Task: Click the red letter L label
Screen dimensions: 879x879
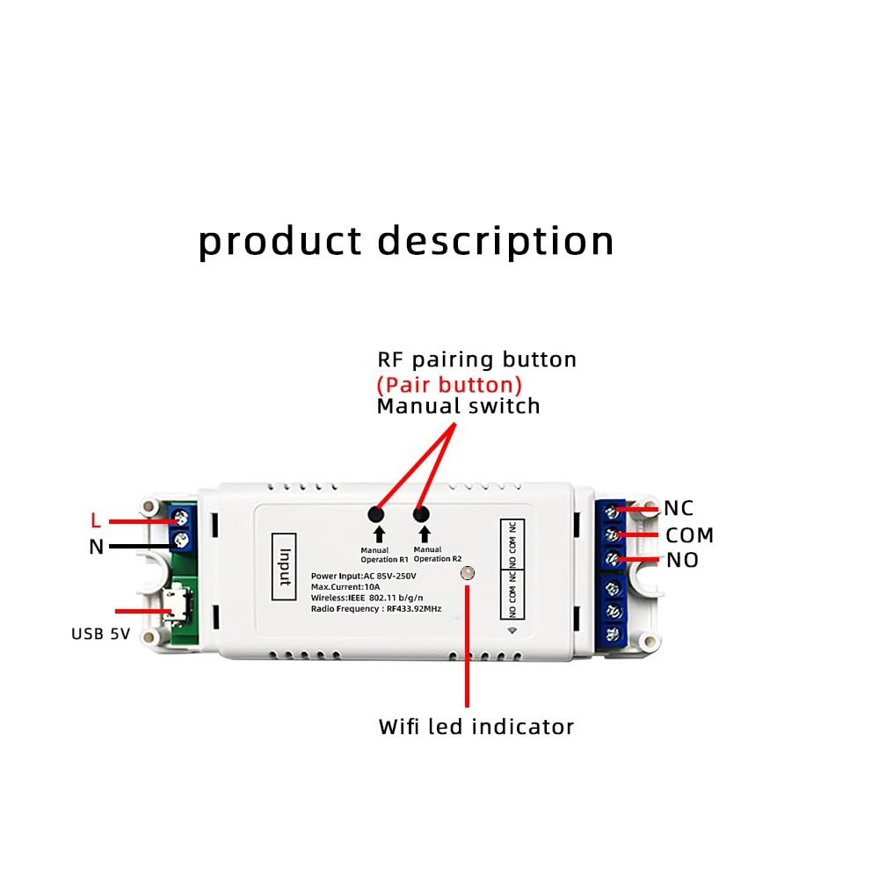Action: click(96, 520)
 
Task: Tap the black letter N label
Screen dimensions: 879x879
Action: click(97, 547)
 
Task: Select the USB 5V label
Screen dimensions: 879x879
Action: click(101, 634)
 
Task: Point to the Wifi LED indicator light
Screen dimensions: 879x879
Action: click(467, 573)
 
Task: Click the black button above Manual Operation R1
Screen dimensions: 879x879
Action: click(375, 514)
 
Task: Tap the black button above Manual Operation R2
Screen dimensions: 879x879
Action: click(421, 513)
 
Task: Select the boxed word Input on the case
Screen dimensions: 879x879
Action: click(284, 567)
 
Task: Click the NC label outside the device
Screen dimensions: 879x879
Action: click(679, 508)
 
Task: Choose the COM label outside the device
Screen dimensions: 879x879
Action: click(689, 535)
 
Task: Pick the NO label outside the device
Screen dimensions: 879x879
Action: click(682, 560)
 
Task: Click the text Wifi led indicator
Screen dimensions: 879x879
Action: click(476, 727)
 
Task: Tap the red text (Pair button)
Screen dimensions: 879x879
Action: click(449, 385)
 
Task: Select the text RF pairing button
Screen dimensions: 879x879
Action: click(476, 360)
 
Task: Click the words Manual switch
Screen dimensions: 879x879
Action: click(459, 406)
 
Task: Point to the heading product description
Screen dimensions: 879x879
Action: click(406, 241)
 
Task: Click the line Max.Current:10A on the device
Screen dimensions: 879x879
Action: click(345, 587)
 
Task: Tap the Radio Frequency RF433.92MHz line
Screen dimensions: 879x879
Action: click(376, 609)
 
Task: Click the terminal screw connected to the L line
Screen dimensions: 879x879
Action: click(181, 517)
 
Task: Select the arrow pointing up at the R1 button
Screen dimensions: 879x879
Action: click(380, 534)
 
